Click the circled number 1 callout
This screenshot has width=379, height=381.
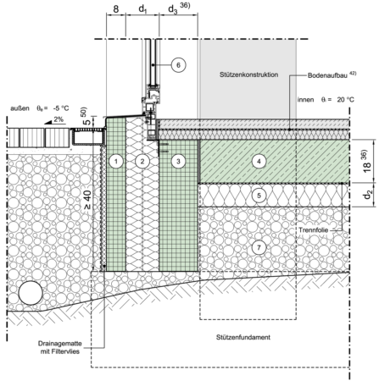coord(116,162)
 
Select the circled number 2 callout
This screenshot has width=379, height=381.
coord(142,162)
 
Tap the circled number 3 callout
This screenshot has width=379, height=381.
coord(178,162)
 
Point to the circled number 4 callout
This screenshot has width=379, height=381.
coord(259,162)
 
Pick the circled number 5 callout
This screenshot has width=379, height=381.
coord(259,196)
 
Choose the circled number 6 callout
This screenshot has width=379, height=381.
coord(178,65)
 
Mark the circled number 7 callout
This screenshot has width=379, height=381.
coord(259,247)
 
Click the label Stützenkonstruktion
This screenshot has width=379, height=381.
coord(248,75)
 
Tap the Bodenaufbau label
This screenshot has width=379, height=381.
coord(328,75)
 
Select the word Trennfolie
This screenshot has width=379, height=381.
coord(314,230)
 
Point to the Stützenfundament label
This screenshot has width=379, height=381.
coord(243,337)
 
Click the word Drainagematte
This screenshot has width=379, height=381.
coord(60,344)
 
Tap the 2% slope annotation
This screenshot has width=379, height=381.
coord(59,119)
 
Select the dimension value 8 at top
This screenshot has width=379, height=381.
coord(116,9)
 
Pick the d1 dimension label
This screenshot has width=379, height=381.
coord(142,9)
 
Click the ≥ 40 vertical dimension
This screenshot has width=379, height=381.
coord(87,200)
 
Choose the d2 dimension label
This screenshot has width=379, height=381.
coord(368,195)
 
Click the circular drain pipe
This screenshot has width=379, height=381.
coord(31,293)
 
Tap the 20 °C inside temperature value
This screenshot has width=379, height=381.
coord(345,100)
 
